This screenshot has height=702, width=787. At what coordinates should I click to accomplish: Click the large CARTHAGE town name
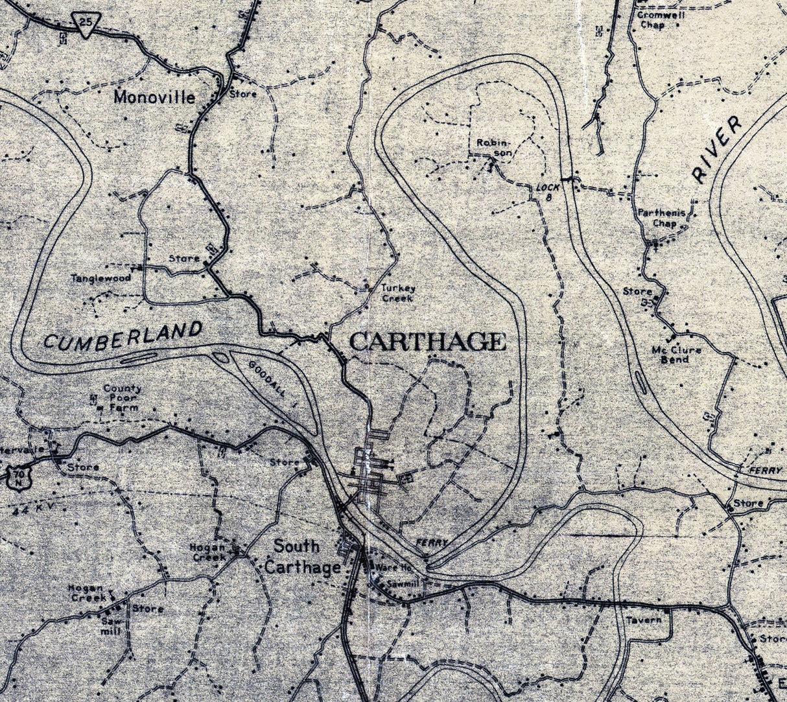(x=427, y=341)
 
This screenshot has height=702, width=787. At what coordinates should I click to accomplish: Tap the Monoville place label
(x=154, y=97)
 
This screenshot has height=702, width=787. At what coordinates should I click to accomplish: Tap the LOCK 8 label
(x=548, y=191)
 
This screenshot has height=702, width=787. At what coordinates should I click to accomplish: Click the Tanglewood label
(x=101, y=278)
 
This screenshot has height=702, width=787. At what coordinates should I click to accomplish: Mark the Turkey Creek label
(x=398, y=293)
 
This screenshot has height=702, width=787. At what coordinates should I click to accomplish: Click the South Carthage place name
(x=301, y=556)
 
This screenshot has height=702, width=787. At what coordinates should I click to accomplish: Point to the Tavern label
(x=644, y=620)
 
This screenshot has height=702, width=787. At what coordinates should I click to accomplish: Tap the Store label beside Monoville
(x=243, y=94)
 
